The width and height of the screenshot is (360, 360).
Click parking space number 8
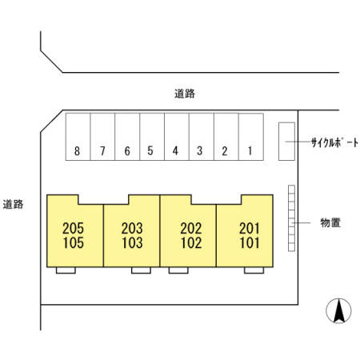pyautogui.click(x=78, y=137)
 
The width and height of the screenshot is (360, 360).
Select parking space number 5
pyautogui.click(x=152, y=137)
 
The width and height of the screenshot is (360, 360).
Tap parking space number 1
pyautogui.click(x=251, y=137)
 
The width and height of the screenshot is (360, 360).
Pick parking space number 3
pyautogui.click(x=202, y=137)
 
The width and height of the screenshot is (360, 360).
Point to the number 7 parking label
pyautogui.click(x=102, y=151)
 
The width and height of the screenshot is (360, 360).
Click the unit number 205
pyautogui.click(x=73, y=229)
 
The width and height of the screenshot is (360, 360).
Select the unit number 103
pyautogui.click(x=132, y=242)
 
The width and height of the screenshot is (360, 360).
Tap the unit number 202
pyautogui.click(x=191, y=229)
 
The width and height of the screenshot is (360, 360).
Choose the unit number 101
pyautogui.click(x=250, y=242)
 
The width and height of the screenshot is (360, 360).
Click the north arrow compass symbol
pyautogui.click(x=338, y=311)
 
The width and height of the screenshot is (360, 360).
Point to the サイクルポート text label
pyautogui.click(x=334, y=143)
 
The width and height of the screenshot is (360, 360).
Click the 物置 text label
pyautogui.click(x=330, y=222)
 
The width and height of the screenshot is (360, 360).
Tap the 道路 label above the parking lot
pyautogui.click(x=185, y=94)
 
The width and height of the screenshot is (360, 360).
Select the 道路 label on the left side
pyautogui.click(x=13, y=204)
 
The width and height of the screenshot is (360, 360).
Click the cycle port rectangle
pyautogui.click(x=286, y=142)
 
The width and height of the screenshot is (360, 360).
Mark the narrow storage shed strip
pyautogui.click(x=291, y=218)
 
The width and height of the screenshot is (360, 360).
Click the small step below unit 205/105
pyautogui.click(x=66, y=270)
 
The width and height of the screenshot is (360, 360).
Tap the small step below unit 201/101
pyautogui.click(x=254, y=270)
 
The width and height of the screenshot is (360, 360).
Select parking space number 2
pyautogui.click(x=226, y=137)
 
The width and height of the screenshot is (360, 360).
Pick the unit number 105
pyautogui.click(x=74, y=242)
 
